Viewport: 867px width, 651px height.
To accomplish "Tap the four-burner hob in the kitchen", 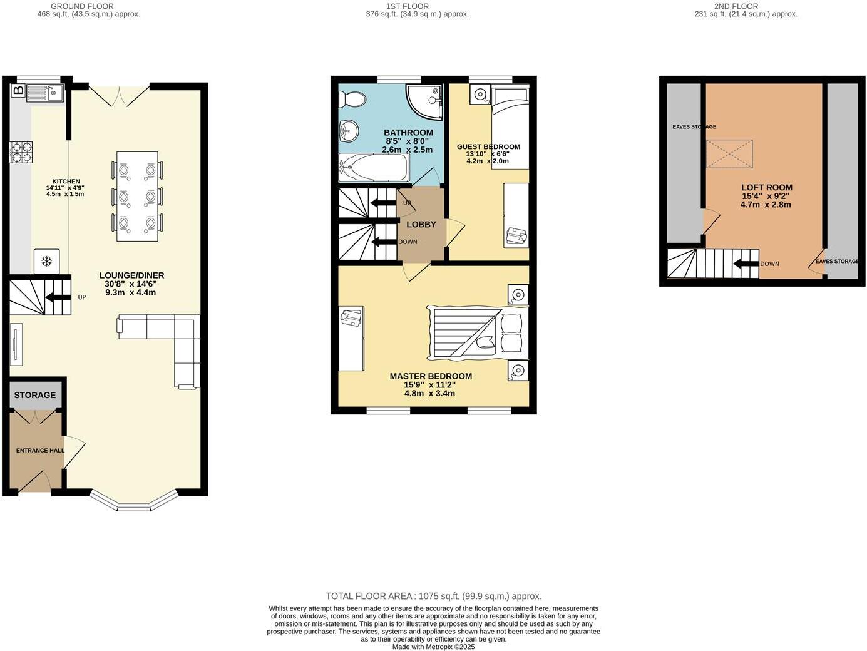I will coord(20,152).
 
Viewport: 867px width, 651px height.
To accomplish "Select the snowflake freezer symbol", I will coord(46,261).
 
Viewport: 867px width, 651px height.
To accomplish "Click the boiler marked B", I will coord(19,91).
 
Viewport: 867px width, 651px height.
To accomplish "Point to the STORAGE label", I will coord(35,395).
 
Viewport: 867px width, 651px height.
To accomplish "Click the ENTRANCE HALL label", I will coord(40,450).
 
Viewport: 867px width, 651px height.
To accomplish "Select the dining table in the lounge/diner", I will coord(137,196).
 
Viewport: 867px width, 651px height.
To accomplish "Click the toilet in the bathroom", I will coord(352,100).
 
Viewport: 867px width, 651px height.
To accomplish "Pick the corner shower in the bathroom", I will coord(424,100).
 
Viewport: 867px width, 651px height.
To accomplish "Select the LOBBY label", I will coord(421,224).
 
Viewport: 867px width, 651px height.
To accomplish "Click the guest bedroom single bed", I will coord(510,128).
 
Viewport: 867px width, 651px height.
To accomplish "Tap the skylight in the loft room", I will coord(729,154).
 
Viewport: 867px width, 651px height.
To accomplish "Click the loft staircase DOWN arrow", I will coord(746,264).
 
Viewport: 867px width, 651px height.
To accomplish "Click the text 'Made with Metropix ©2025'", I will coord(433,647).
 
